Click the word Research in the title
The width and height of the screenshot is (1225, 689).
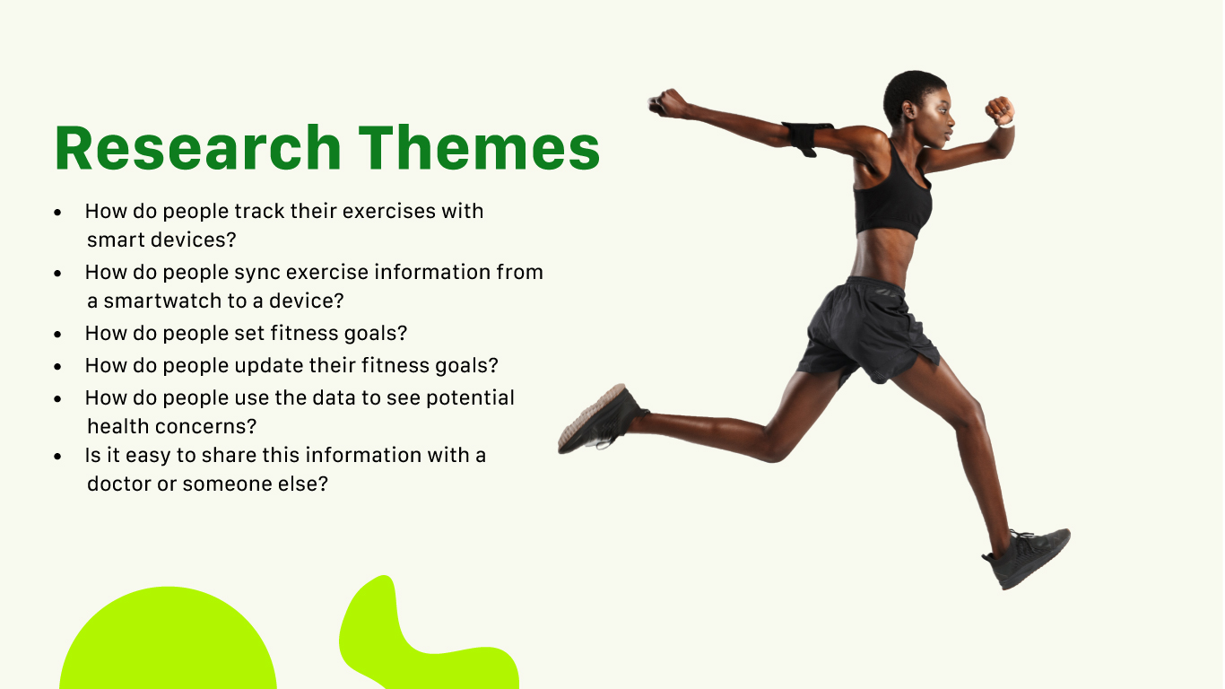coord(198,148)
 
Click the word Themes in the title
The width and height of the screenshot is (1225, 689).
coord(480,148)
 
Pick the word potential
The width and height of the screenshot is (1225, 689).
coord(470,397)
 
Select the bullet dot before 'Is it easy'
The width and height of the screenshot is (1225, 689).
coord(58,456)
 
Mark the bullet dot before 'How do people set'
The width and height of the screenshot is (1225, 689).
coord(58,334)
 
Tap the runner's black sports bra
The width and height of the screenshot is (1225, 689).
coord(892,196)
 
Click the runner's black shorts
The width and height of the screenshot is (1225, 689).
coord(867,331)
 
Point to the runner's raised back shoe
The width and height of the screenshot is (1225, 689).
coord(601,420)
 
